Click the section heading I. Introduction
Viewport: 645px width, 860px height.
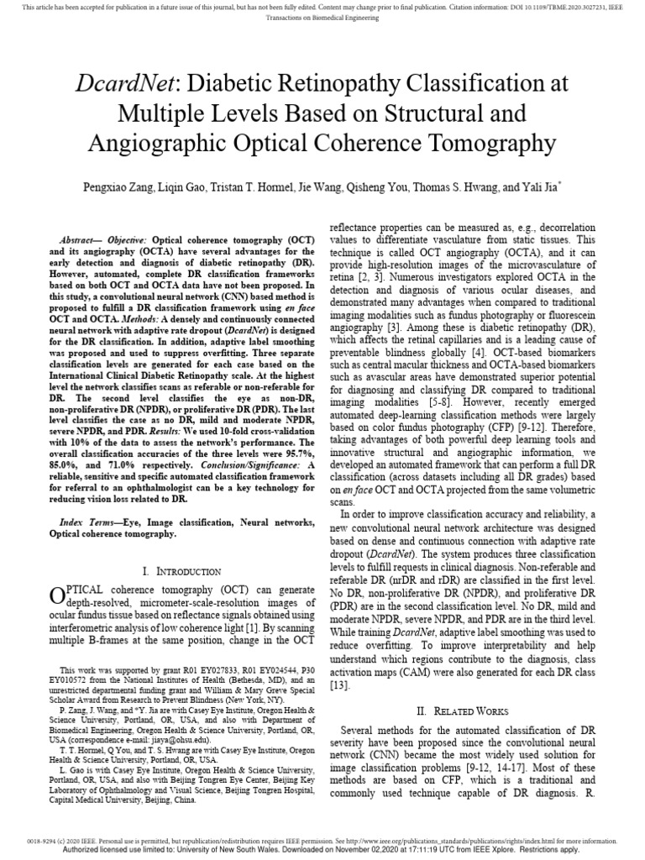tap(182, 571)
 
